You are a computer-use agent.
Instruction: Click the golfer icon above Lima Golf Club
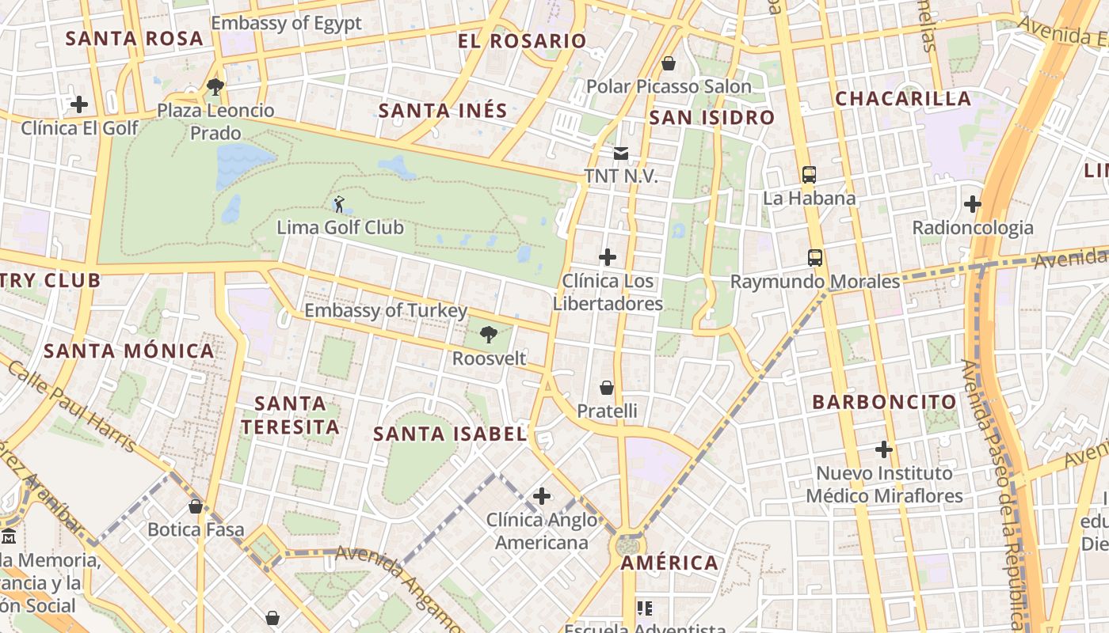click(x=339, y=204)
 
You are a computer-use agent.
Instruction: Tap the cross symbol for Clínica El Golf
click(x=79, y=104)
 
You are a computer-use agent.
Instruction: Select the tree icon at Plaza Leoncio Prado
click(x=215, y=86)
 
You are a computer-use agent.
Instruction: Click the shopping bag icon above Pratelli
click(x=607, y=388)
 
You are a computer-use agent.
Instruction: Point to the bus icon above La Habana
click(x=809, y=175)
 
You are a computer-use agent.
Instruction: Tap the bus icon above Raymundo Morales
click(x=815, y=258)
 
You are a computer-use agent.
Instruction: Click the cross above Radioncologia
click(x=973, y=204)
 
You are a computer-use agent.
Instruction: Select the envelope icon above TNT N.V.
click(x=621, y=153)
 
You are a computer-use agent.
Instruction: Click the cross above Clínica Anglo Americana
click(x=542, y=496)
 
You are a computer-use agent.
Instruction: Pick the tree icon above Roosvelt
click(x=489, y=335)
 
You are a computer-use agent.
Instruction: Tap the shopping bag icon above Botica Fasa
click(x=196, y=506)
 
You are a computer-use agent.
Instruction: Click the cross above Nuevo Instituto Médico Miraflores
click(x=884, y=449)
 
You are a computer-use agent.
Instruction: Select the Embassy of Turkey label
click(x=386, y=311)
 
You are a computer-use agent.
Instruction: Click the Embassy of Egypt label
click(x=286, y=23)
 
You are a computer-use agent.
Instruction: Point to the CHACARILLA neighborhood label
click(x=903, y=99)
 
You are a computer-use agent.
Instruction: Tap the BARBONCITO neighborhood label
click(x=884, y=402)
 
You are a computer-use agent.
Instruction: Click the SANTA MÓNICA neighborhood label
click(x=129, y=351)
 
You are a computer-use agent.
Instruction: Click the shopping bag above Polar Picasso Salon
click(x=669, y=63)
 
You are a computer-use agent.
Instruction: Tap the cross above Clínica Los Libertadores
click(x=608, y=257)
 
